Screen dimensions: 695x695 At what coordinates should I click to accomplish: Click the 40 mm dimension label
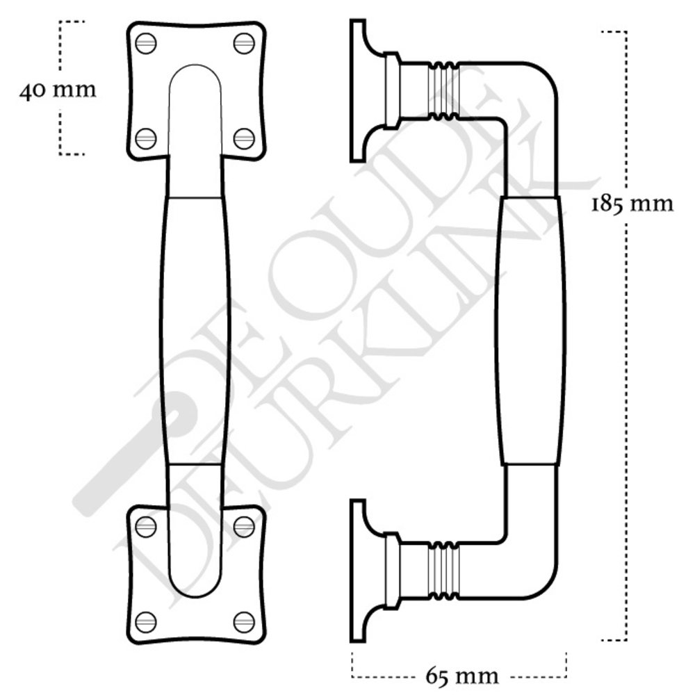[58, 90]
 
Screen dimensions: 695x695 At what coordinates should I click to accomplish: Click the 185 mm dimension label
[632, 204]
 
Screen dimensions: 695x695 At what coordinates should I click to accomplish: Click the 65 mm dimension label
[462, 676]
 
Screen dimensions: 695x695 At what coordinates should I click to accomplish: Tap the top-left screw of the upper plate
[146, 43]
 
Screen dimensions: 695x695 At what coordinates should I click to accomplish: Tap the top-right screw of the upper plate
[244, 43]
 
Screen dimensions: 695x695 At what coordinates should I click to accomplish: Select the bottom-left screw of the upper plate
[146, 139]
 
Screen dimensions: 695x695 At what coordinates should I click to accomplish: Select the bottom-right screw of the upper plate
[244, 139]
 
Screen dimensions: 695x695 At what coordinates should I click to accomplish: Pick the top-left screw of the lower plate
[146, 527]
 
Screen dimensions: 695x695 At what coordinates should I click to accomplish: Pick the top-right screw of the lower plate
[244, 527]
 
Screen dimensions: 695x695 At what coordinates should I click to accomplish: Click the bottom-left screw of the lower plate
[146, 622]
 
